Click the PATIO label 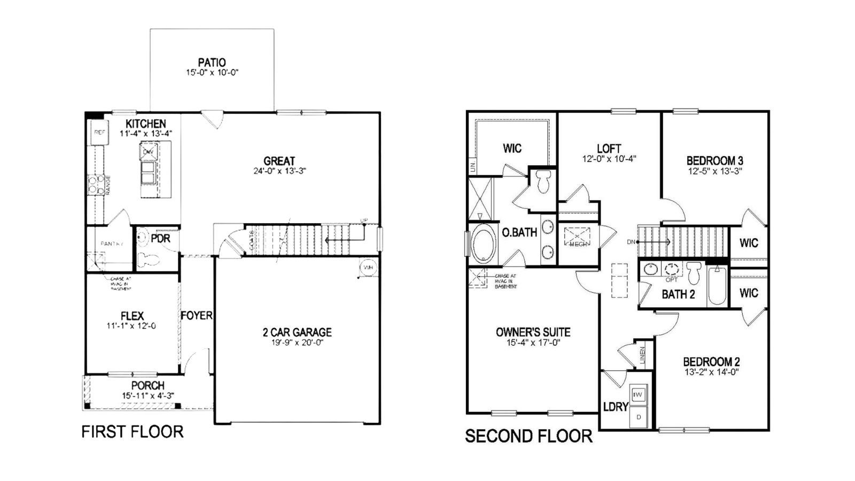click(x=212, y=63)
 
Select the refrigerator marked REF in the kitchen click(x=99, y=132)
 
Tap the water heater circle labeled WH click(x=368, y=268)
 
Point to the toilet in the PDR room click(x=148, y=260)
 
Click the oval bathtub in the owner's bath click(x=484, y=244)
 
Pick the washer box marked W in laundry click(x=638, y=395)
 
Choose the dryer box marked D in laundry click(x=638, y=416)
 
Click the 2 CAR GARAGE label click(x=297, y=332)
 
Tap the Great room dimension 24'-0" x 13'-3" click(x=279, y=171)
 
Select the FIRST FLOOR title click(x=132, y=432)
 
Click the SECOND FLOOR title click(x=528, y=436)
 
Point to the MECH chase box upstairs click(x=578, y=236)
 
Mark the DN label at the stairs click(x=631, y=242)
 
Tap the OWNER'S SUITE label click(x=533, y=332)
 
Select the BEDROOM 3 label click(x=714, y=161)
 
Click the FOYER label click(x=196, y=316)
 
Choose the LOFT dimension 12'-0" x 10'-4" click(x=609, y=159)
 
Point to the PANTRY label click(x=112, y=244)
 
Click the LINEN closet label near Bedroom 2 click(x=642, y=355)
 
